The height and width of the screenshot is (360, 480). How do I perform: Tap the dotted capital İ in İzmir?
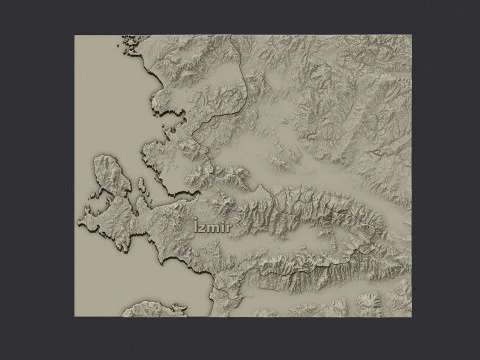click(x=198, y=229)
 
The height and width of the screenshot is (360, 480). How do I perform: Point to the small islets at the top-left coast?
click(x=127, y=43)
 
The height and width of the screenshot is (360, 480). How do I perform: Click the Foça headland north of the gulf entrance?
click(x=150, y=155)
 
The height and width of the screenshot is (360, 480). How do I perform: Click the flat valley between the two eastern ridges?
click(x=340, y=240)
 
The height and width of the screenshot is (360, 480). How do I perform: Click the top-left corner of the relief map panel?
click(x=75, y=35)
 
